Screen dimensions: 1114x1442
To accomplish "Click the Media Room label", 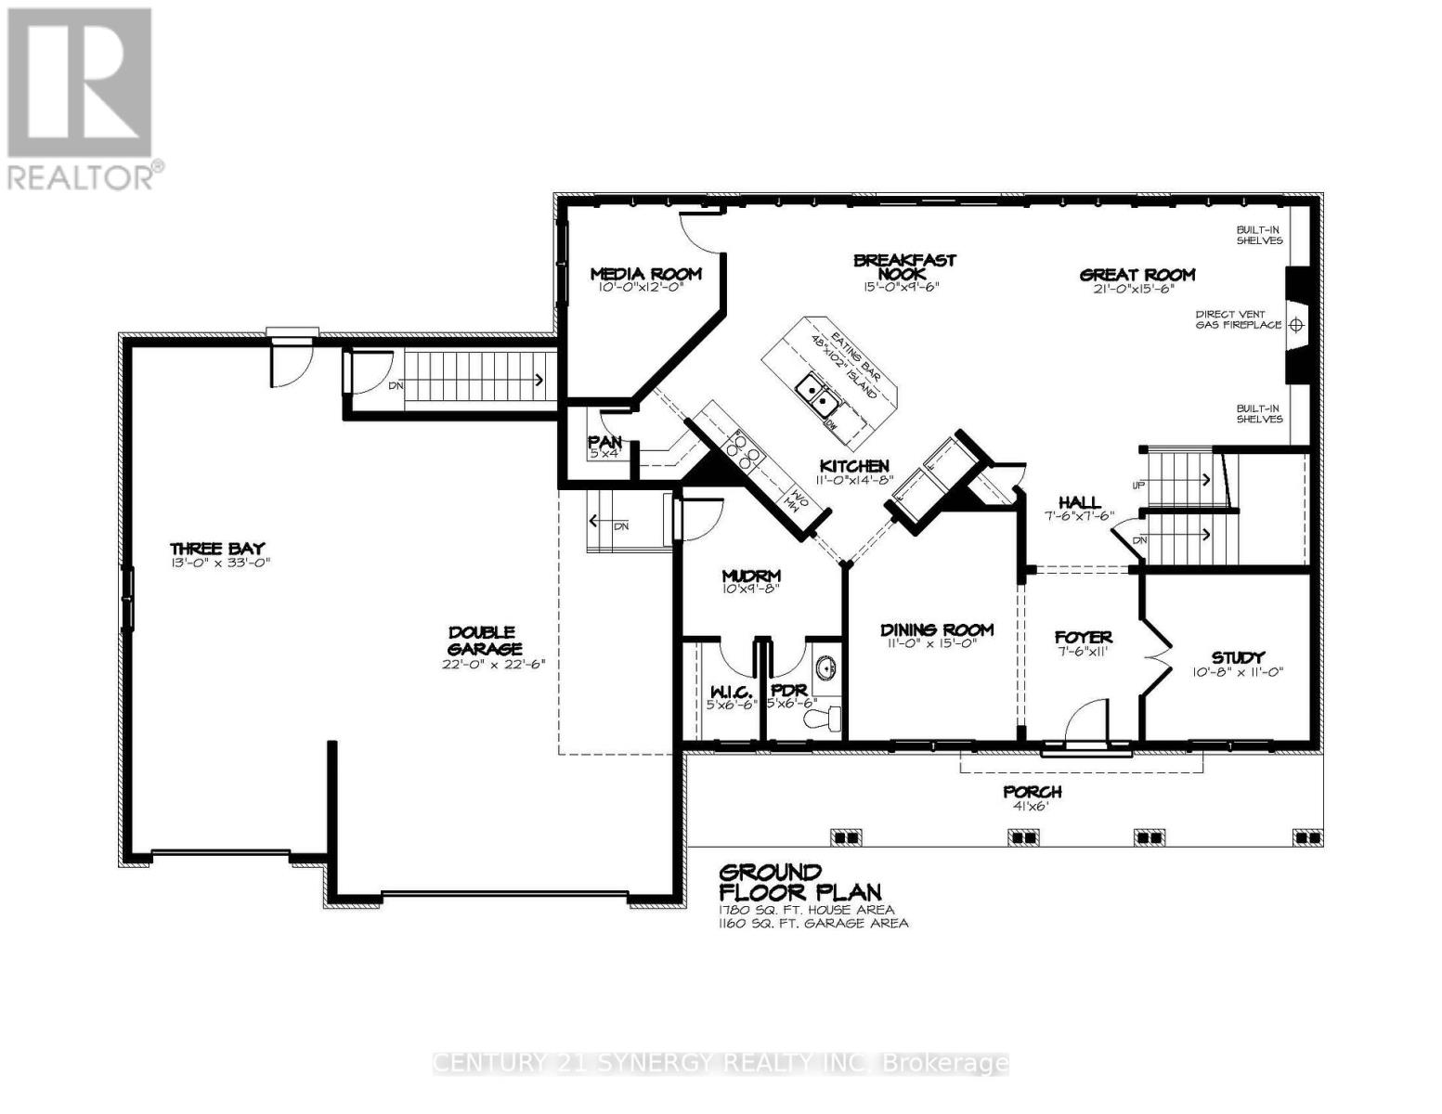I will (646, 274).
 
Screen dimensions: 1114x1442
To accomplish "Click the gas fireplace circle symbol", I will (1297, 325).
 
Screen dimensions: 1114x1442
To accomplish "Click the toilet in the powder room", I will (824, 717).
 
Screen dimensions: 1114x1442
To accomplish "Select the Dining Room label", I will (937, 630).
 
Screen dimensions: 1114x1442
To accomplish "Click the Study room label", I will (1239, 657).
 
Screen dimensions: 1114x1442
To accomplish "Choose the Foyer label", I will (1083, 638).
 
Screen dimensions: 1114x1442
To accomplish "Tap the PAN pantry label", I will (604, 443).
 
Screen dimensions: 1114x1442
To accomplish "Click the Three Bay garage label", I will (217, 549).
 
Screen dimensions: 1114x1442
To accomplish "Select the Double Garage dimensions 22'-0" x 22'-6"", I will (485, 664).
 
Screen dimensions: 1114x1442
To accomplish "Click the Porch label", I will (1032, 792).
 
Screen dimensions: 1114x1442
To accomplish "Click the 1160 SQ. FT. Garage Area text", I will (813, 923).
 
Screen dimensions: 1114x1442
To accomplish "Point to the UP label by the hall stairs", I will (1137, 486).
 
